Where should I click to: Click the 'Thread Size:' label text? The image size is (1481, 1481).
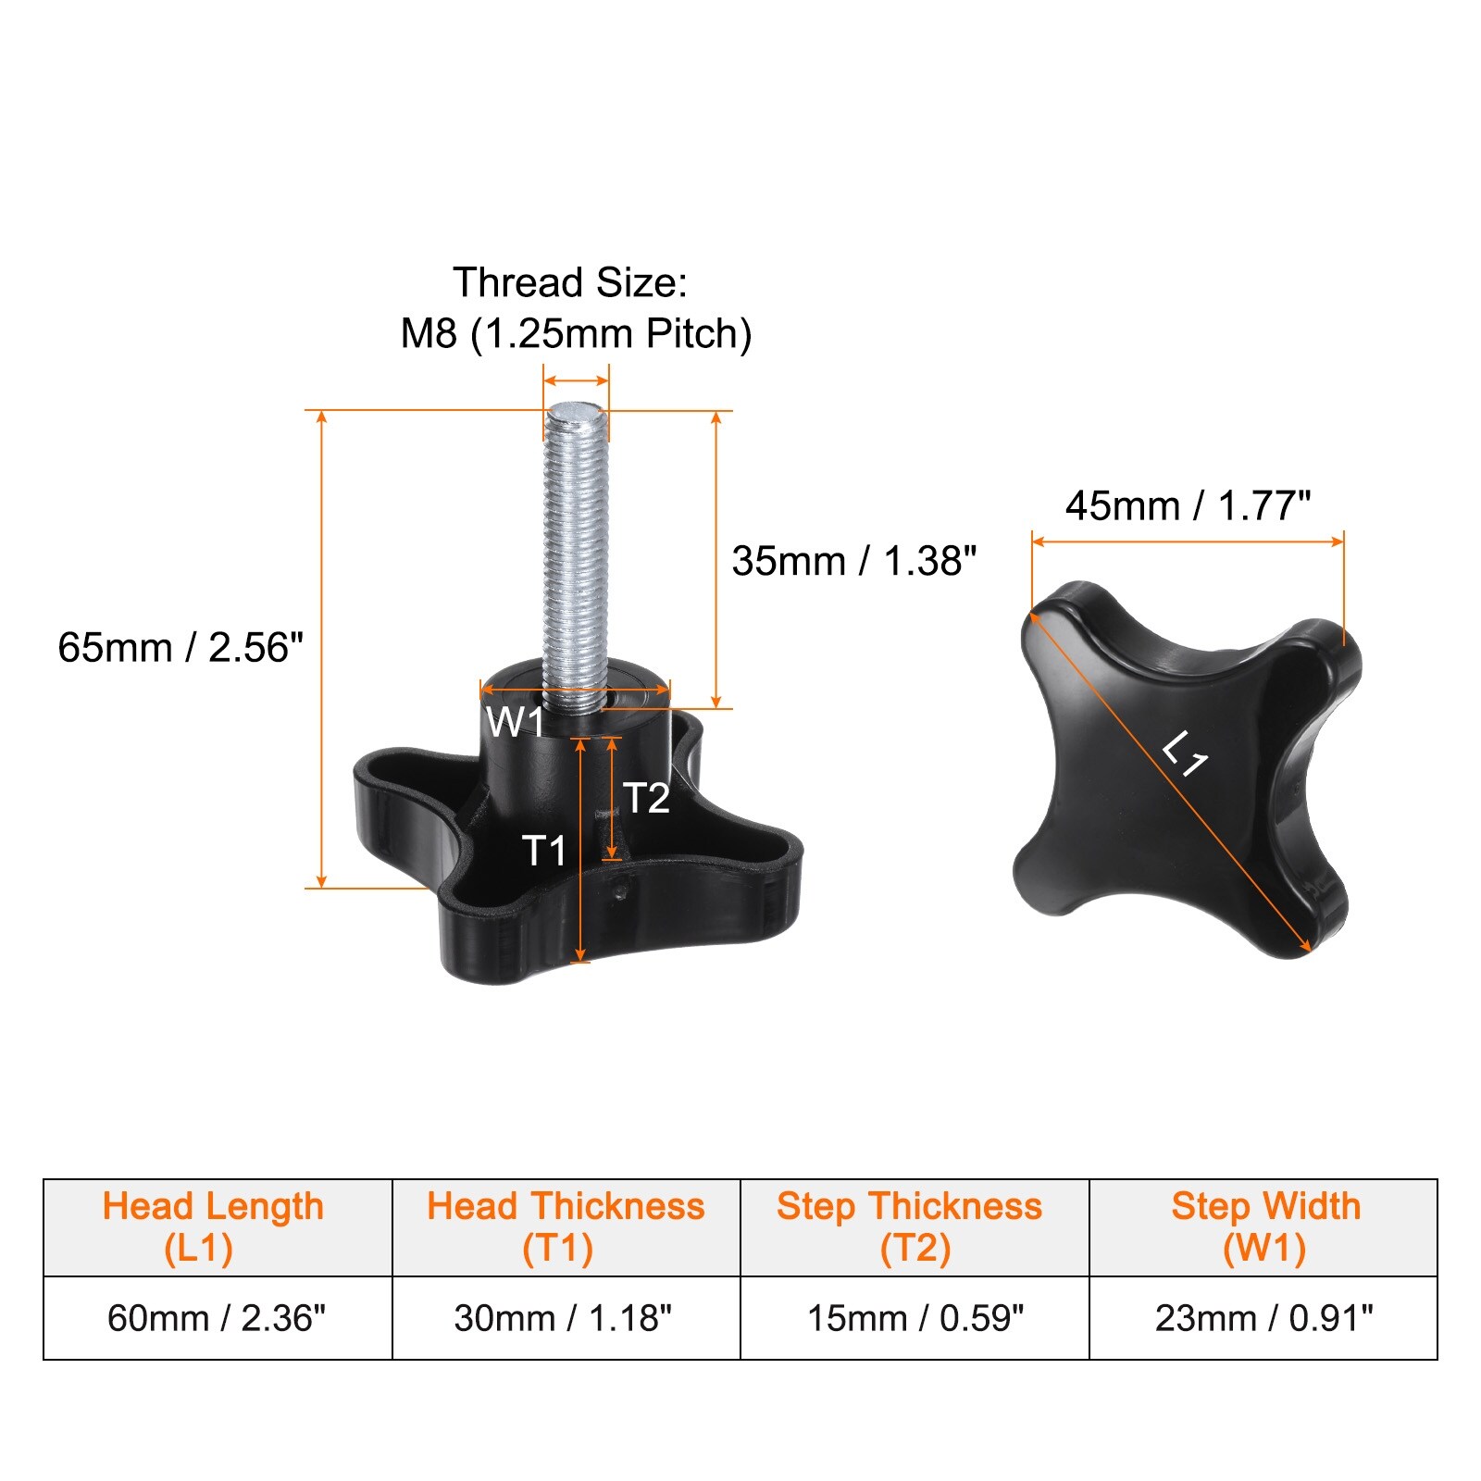click(x=570, y=282)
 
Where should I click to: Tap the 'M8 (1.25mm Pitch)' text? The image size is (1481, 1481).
click(x=576, y=333)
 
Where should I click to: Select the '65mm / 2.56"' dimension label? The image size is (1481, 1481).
click(x=180, y=647)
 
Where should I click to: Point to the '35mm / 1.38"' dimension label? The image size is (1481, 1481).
click(x=854, y=561)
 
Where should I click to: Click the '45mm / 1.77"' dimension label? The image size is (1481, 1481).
click(x=1189, y=505)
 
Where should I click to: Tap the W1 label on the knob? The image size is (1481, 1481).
click(x=515, y=722)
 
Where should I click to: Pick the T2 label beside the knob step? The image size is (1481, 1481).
click(x=646, y=798)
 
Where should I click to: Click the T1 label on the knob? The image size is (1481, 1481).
click(x=544, y=850)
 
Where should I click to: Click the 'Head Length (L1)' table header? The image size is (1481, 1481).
click(x=213, y=1227)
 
